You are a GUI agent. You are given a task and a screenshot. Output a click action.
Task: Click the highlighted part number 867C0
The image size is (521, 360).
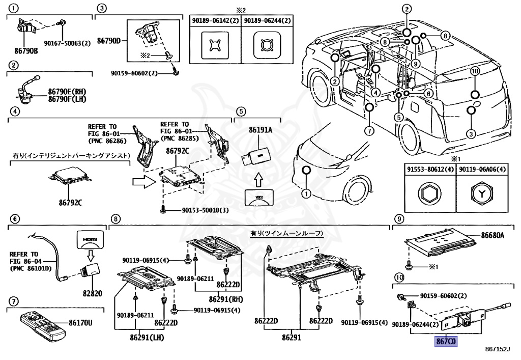coord(445,341)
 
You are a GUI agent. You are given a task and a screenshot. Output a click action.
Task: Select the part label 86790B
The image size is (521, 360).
coord(26,51)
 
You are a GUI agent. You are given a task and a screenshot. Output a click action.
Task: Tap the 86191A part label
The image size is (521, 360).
coord(260,130)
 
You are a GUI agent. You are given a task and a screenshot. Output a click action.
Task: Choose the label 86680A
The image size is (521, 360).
coord(493,235)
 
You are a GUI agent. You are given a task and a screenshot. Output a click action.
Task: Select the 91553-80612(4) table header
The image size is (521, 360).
coord(429,170)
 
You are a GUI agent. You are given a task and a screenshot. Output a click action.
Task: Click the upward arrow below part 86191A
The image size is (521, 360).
coord(259,179)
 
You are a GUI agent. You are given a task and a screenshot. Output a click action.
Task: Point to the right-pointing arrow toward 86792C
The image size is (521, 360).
coord(142,182)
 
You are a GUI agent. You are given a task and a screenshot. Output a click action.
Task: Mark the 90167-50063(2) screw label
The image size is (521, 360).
coord(67,43)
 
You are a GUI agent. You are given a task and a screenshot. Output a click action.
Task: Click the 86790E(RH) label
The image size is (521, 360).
coord(67,92)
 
